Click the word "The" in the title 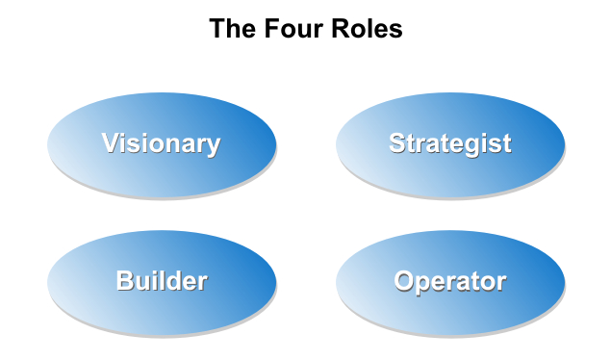pos(231,29)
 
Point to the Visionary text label pos(162,144)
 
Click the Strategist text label pos(450,144)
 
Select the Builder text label pos(162,282)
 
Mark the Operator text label pos(450,282)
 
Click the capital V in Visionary pos(112,144)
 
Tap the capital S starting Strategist pos(397,144)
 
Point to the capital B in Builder pos(125,282)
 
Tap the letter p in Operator pos(424,285)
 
